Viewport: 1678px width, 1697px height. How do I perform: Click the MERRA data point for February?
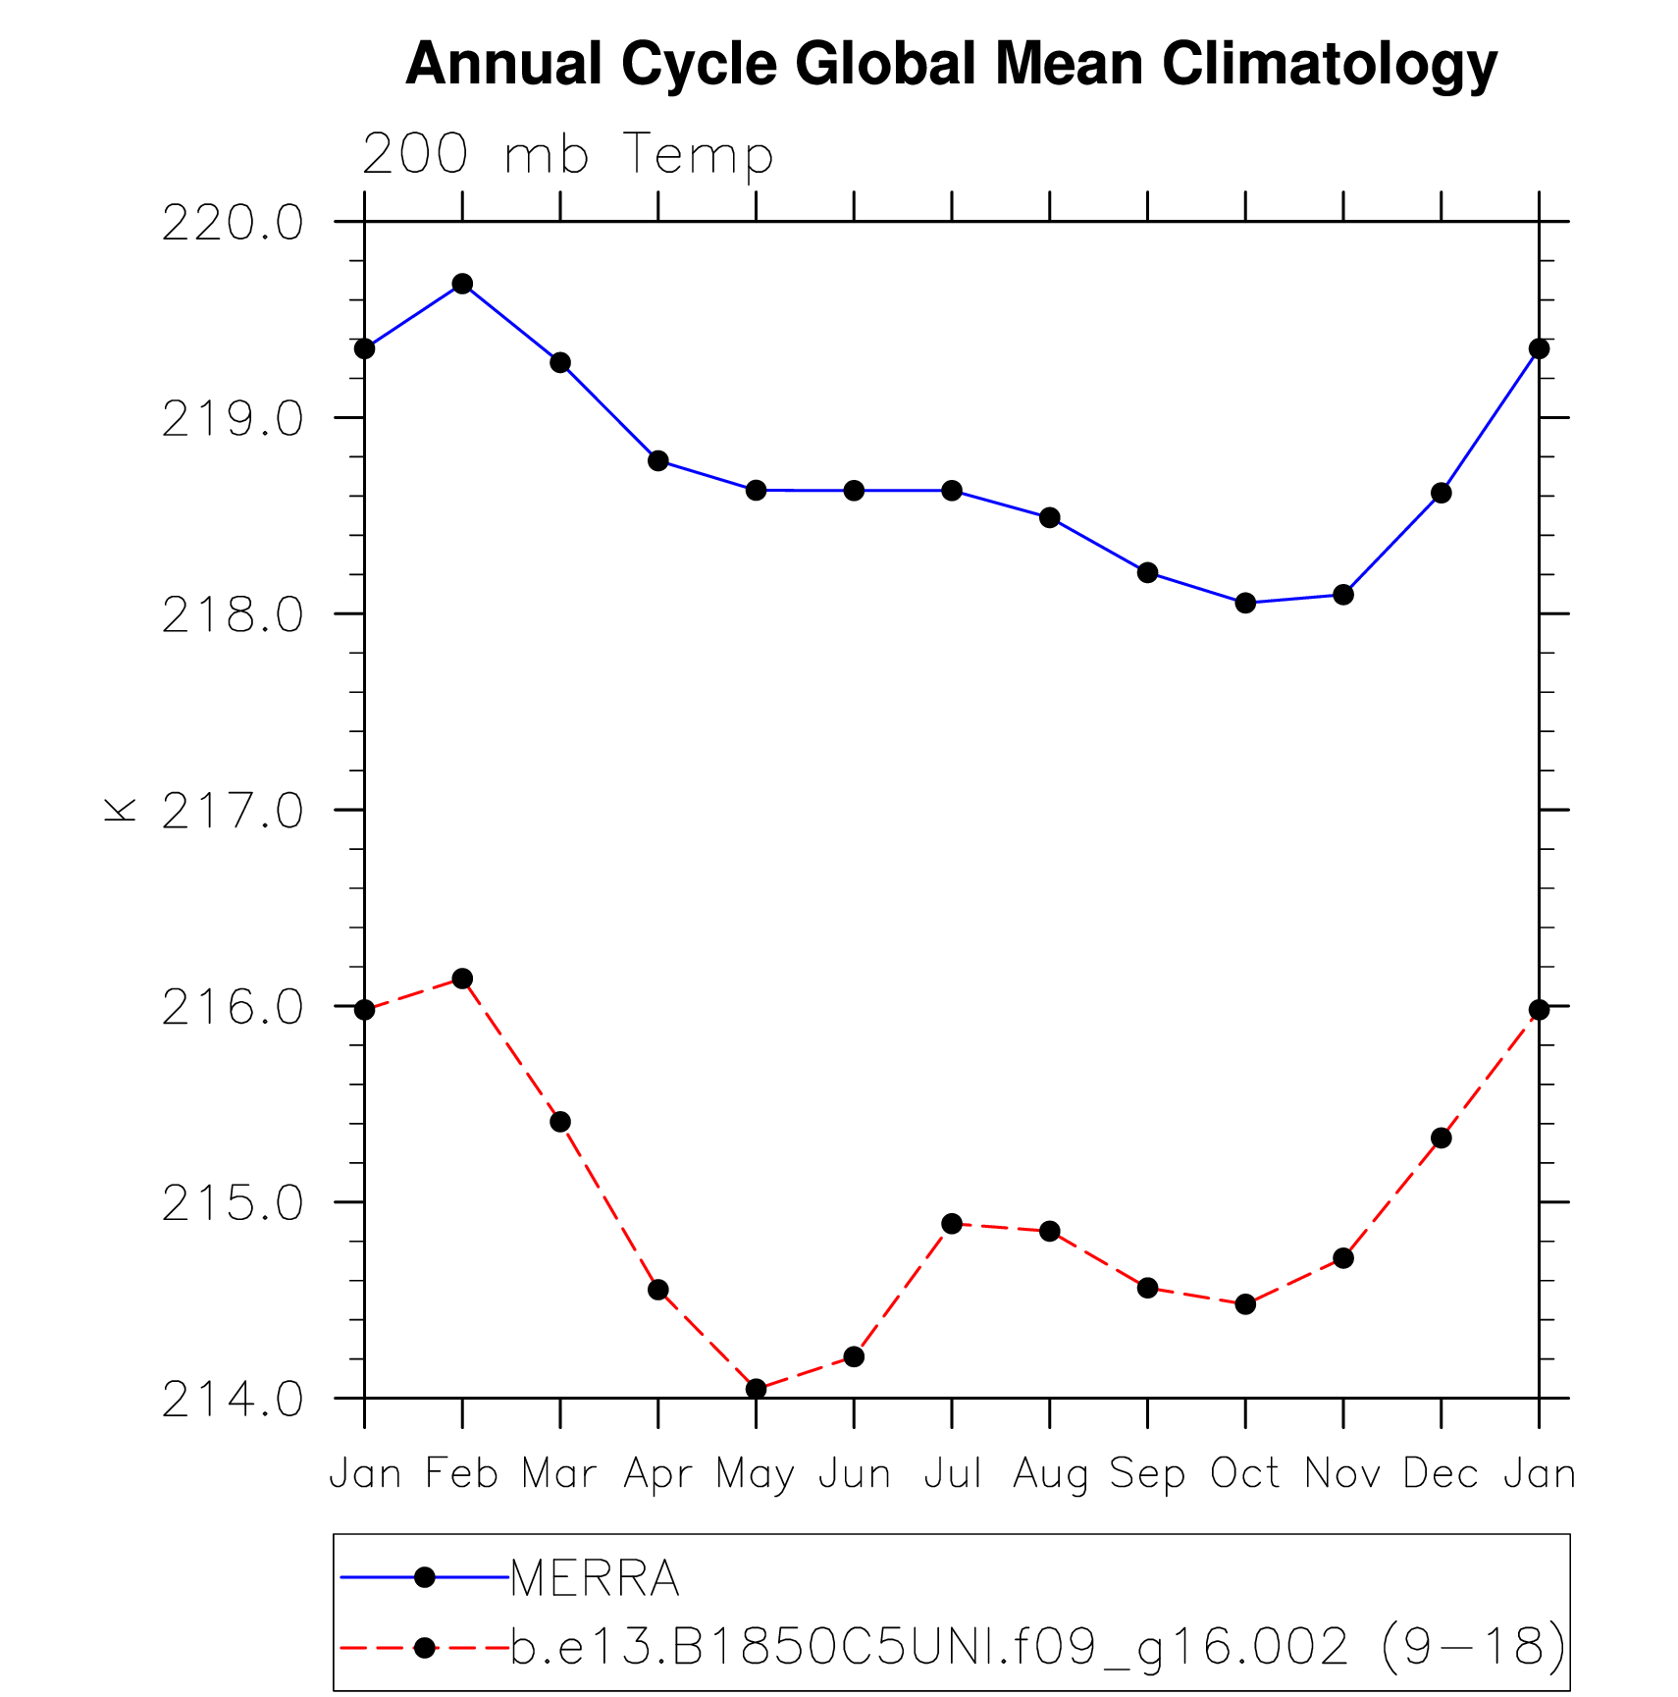(462, 285)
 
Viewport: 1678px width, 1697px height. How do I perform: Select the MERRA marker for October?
(1245, 603)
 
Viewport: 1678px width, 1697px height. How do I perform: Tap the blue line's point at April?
(657, 460)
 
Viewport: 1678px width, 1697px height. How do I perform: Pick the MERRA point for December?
(1441, 493)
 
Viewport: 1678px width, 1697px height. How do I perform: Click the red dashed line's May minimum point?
(756, 1388)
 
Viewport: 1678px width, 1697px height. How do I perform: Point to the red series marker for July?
(952, 1223)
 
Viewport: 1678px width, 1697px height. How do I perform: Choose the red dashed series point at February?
(462, 979)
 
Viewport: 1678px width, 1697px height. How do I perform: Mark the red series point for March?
(560, 1122)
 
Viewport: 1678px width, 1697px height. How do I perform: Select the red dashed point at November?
(1343, 1257)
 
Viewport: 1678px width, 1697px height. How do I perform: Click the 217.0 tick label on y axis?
(233, 812)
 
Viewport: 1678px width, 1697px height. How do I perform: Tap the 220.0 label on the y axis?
(233, 225)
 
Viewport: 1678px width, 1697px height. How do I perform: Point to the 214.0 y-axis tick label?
(233, 1400)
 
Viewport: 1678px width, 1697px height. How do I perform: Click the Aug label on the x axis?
(1050, 1474)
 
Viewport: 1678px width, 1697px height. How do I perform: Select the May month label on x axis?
(755, 1474)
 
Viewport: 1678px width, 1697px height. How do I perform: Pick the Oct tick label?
(1245, 1473)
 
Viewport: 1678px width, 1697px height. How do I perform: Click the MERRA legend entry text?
(595, 1578)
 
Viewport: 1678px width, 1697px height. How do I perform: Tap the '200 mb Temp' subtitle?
(568, 154)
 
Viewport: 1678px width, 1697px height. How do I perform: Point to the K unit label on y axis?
(120, 810)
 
